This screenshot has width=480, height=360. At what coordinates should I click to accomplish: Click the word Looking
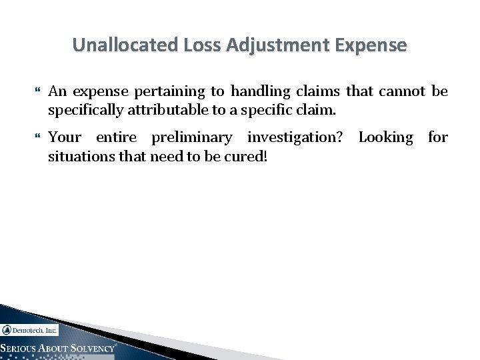coord(386,138)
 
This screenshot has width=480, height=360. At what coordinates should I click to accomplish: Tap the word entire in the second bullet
coord(117,138)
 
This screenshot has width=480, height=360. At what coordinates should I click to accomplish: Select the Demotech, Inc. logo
coord(30,329)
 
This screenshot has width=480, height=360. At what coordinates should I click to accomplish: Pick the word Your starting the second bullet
coord(65,138)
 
